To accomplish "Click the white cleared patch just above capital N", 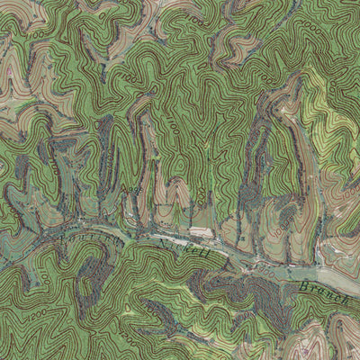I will pyautogui.click(x=202, y=232).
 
